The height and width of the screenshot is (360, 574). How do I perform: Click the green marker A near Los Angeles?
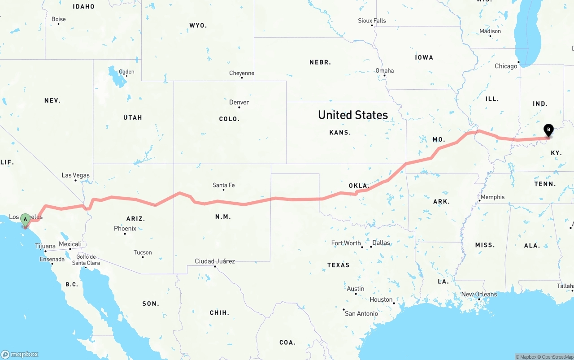tap(25, 219)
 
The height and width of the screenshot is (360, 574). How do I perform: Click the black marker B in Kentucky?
tap(548, 130)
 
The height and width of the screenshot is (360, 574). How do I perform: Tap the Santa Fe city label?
tap(223, 185)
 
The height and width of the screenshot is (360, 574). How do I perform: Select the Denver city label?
tap(239, 102)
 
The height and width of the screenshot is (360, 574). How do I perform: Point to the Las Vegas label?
tap(75, 175)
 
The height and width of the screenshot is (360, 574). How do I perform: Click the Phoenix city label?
tap(125, 229)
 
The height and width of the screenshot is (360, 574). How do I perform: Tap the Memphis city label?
tap(492, 197)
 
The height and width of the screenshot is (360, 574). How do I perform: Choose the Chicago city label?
tap(506, 66)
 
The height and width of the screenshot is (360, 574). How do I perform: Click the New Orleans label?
tap(479, 295)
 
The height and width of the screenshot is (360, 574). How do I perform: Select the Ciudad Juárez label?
tap(215, 261)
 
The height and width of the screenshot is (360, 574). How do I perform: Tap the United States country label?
tap(353, 115)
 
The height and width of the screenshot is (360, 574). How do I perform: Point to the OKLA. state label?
tap(359, 186)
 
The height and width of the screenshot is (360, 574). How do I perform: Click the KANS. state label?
tap(340, 133)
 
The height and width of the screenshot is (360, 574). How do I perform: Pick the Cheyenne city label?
tap(242, 73)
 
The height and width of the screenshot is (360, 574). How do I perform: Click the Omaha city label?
tap(385, 70)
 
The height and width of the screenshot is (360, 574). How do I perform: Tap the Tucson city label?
tap(143, 252)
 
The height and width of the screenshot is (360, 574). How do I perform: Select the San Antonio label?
tap(361, 313)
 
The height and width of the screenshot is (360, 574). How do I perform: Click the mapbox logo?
tap(20, 354)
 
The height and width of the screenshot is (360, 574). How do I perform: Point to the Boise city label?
tap(58, 19)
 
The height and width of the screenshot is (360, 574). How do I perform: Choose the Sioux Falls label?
tap(372, 21)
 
